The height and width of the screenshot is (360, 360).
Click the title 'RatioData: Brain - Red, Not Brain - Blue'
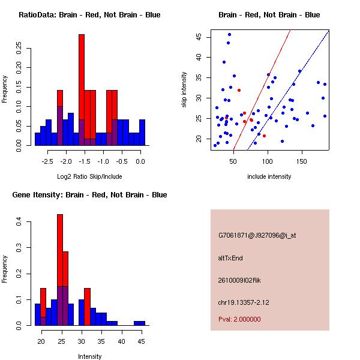(x=89, y=14)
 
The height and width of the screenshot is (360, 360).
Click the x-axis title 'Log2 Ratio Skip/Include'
(x=88, y=176)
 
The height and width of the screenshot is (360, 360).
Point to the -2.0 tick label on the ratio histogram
(x=66, y=161)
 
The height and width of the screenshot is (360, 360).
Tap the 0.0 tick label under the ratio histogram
(x=140, y=161)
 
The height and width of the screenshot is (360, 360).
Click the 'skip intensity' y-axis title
(x=184, y=90)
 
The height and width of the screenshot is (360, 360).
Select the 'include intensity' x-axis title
(x=269, y=176)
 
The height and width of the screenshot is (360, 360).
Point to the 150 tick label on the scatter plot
(x=302, y=161)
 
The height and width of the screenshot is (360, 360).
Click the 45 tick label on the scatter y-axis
(x=199, y=36)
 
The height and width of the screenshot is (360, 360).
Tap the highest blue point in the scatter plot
(x=229, y=35)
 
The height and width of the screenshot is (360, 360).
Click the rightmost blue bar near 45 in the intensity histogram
(x=139, y=323)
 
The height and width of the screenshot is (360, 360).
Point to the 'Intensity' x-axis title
(x=90, y=356)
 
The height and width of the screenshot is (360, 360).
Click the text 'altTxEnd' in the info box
(x=230, y=258)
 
